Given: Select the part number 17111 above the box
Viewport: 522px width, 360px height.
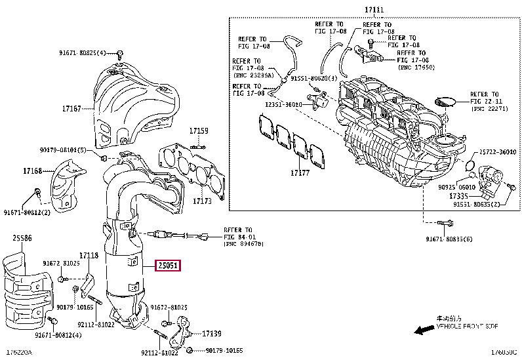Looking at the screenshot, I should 372,9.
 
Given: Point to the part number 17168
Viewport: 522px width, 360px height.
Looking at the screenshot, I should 32,171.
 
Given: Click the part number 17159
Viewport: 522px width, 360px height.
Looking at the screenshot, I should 199,130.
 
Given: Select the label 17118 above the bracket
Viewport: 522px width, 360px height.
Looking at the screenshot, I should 89,256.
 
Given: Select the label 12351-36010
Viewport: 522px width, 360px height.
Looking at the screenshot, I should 284,104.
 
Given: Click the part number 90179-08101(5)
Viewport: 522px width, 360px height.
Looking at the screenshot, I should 61,150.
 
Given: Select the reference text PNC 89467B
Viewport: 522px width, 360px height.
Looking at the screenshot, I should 243,244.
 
